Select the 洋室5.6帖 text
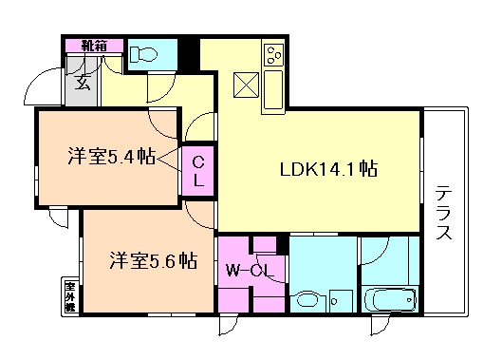click(152, 259)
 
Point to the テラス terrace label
click(443, 214)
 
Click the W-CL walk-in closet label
click(251, 270)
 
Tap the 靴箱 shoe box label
click(93, 45)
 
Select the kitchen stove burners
click(272, 55)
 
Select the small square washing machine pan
click(344, 296)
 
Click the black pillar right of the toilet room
click(191, 53)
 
